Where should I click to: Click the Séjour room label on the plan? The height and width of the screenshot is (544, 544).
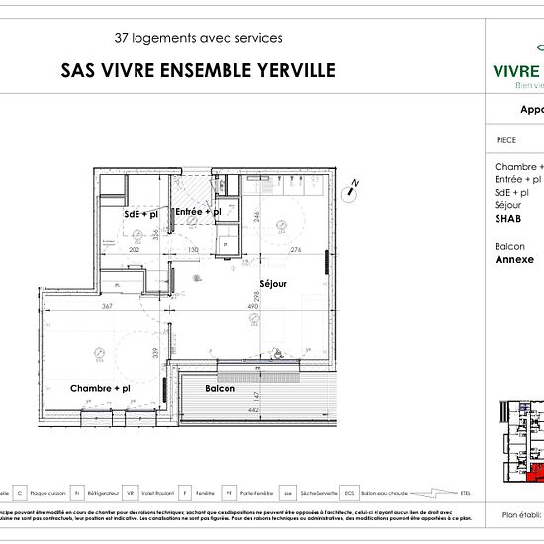click(273, 284)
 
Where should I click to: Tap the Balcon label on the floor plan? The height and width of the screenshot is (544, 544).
click(220, 389)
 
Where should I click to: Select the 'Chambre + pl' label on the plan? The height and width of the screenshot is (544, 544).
click(100, 389)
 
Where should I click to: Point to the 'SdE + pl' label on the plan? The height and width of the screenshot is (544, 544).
click(141, 214)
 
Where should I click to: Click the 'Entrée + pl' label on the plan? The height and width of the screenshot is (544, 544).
click(198, 212)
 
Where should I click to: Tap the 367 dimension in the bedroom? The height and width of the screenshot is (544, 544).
click(108, 306)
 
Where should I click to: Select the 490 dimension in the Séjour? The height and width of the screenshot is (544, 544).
click(252, 306)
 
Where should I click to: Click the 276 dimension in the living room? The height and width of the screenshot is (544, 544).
click(295, 250)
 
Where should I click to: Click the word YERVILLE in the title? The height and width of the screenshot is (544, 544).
click(291, 70)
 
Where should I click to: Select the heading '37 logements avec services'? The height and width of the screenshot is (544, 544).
click(198, 38)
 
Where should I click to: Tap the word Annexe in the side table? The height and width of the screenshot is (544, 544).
click(514, 261)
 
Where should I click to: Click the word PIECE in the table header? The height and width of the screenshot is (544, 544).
click(505, 140)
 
